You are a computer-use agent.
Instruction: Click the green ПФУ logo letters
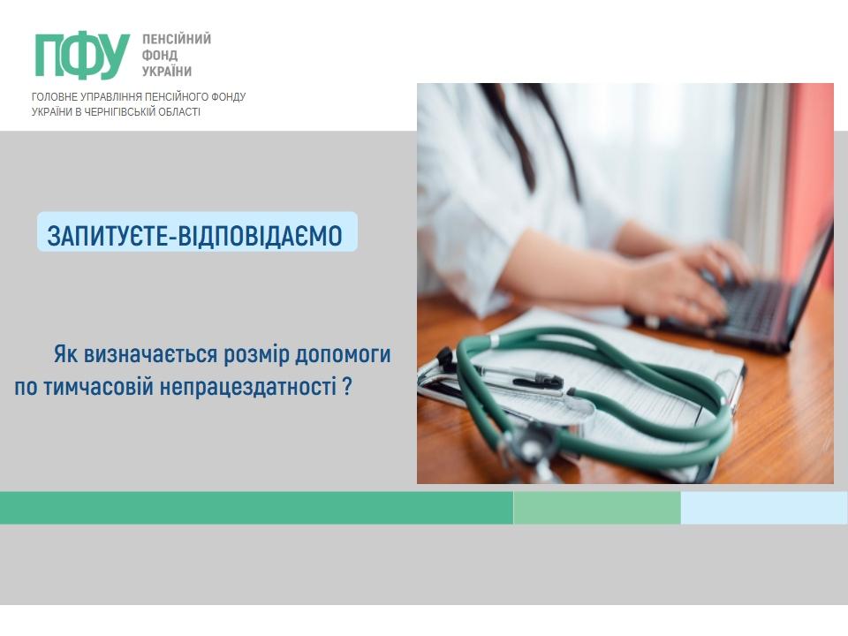[x=82, y=56]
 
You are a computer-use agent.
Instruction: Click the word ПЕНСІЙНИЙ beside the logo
[x=177, y=39]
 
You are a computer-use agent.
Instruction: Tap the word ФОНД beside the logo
[x=160, y=55]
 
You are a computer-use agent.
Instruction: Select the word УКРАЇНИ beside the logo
[x=167, y=72]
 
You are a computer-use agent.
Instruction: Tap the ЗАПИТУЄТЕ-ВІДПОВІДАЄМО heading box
[x=197, y=231]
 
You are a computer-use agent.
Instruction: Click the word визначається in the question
[x=150, y=355]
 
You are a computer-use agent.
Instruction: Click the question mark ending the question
[x=347, y=387]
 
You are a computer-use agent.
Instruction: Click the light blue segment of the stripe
[x=763, y=508]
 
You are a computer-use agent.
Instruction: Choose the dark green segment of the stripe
[x=256, y=508]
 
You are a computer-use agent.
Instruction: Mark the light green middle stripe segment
[x=596, y=508]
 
